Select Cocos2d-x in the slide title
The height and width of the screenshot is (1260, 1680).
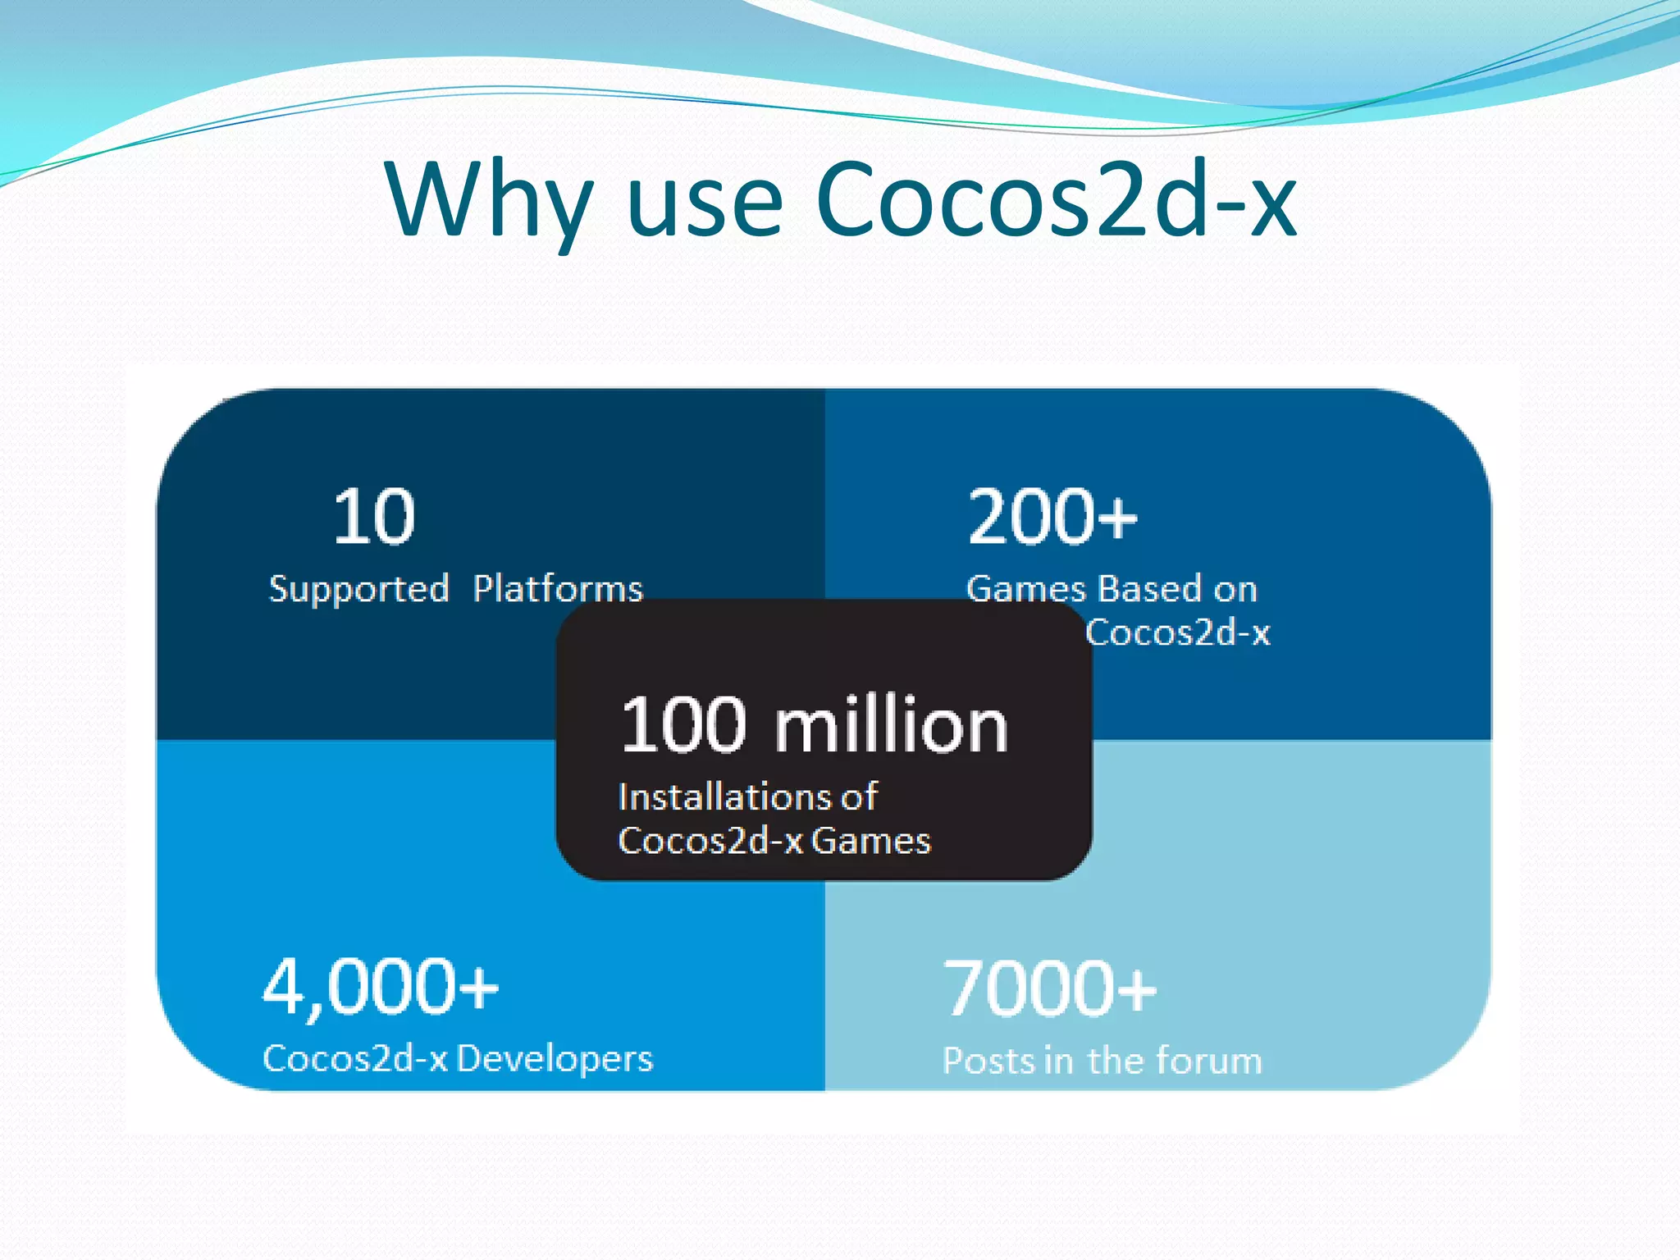pos(1055,199)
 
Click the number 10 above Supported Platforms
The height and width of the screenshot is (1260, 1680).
pos(374,517)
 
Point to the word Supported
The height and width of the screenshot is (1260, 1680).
pos(359,590)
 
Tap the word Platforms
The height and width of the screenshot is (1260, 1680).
pos(558,589)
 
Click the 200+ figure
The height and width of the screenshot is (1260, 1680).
pos(1052,517)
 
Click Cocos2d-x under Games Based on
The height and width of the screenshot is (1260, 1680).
pos(1178,632)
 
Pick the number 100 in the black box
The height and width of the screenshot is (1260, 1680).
pos(684,725)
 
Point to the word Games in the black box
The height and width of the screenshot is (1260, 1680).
pos(871,841)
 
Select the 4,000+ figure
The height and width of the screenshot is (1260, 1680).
pos(380,987)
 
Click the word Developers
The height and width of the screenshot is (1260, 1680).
pos(555,1059)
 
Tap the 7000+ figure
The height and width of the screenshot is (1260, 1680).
pos(1049,988)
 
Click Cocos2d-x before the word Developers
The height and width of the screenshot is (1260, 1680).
pos(355,1058)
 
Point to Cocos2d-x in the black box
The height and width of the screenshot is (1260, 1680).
pos(710,841)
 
